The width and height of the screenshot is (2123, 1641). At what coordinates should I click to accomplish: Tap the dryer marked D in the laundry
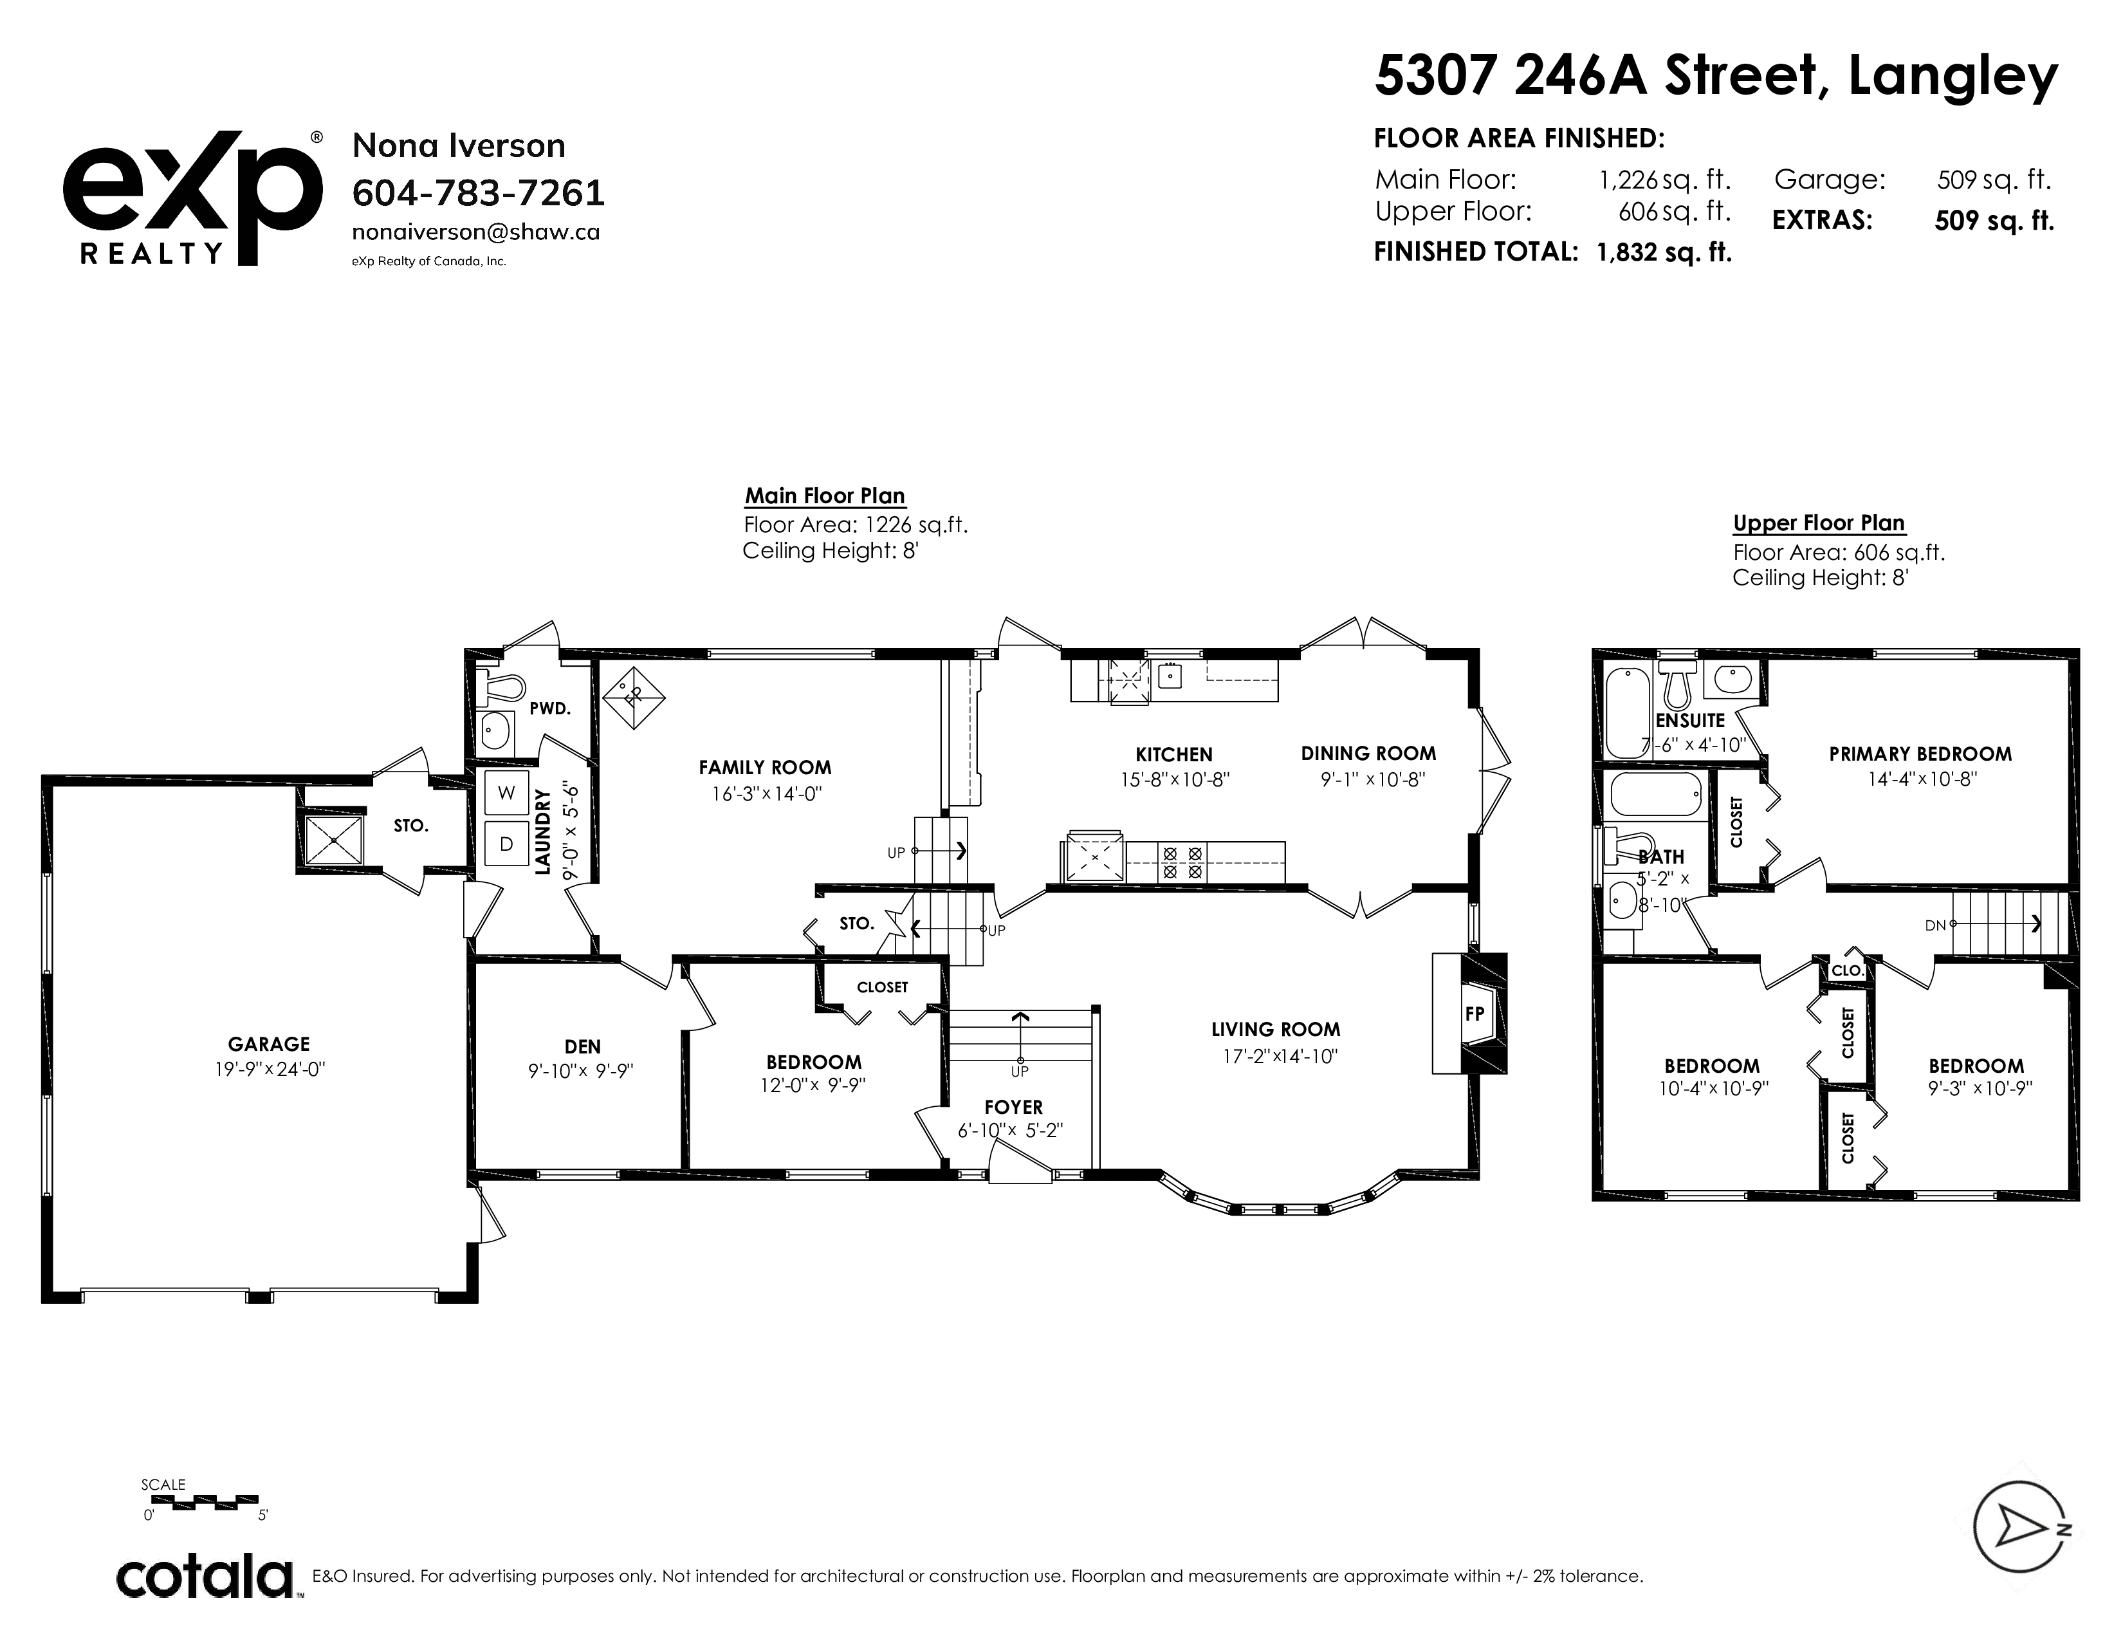point(506,844)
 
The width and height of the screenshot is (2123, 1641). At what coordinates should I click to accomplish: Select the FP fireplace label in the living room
point(1475,1014)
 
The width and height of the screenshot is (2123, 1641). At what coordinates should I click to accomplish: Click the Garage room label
point(268,1044)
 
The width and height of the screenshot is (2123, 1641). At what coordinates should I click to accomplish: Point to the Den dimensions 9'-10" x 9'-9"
point(582,1071)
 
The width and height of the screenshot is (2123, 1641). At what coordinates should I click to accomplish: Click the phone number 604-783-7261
point(478,194)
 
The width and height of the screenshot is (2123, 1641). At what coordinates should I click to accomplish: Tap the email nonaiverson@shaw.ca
point(475,232)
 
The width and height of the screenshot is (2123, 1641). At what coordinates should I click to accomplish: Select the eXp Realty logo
point(192,198)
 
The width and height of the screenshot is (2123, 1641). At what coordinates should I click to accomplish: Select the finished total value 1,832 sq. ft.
point(1664,253)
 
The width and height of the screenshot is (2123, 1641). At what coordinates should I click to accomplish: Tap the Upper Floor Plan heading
point(1819,523)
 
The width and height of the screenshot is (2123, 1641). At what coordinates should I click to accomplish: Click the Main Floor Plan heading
point(825,496)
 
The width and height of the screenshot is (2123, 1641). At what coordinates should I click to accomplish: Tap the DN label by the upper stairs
point(1935,925)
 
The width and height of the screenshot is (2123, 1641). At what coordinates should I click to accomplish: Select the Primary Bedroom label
point(1920,754)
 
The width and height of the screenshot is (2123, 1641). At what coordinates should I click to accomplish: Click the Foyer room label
point(1013,1106)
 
